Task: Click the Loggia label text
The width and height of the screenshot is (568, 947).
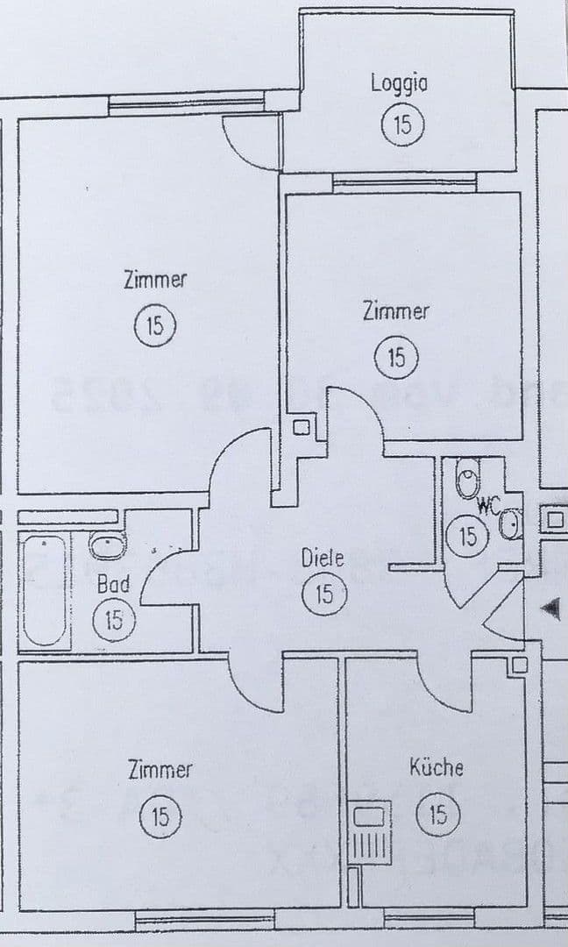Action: (x=399, y=83)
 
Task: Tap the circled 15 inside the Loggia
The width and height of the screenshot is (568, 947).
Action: (x=402, y=124)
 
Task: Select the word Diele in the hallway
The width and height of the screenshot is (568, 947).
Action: (x=323, y=557)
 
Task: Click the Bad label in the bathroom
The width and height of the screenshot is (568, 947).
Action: (x=113, y=583)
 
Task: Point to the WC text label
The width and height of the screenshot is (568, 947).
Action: (x=488, y=506)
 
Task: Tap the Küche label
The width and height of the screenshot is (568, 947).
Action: (x=437, y=767)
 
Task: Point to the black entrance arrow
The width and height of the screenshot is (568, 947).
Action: (x=551, y=608)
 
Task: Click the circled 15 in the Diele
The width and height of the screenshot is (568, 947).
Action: (x=324, y=595)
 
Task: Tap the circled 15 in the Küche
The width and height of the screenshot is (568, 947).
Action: (x=437, y=816)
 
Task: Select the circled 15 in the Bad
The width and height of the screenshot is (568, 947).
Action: (x=114, y=621)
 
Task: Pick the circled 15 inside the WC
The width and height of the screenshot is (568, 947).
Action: (x=468, y=535)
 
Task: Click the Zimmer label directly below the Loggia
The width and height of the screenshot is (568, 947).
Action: (x=396, y=311)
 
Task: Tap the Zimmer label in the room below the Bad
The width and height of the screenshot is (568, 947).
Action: (x=160, y=770)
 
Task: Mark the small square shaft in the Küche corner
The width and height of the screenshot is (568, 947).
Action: (x=517, y=665)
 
